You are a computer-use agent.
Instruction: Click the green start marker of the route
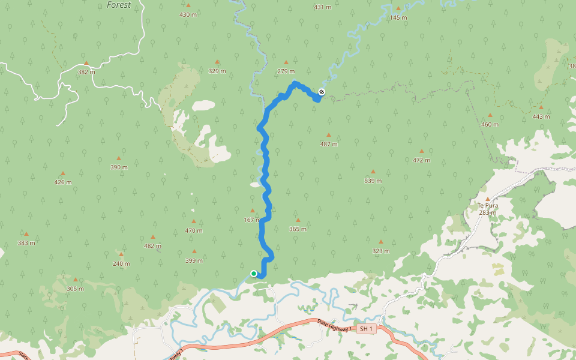point(254,274)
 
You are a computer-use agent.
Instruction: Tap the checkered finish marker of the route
point(322,92)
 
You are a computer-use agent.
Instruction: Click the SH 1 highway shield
point(367,329)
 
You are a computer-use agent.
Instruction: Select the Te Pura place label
point(487,205)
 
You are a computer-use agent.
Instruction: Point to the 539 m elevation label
point(373,181)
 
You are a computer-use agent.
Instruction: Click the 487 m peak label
point(328,144)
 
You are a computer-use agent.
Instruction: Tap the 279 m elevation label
point(286,71)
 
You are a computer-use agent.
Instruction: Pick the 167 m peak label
point(252,220)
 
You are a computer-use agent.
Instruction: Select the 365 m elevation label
point(298,229)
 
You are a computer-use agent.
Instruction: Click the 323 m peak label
point(380,251)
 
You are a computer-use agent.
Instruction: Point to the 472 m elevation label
point(421,160)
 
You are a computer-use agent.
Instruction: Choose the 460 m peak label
point(490,124)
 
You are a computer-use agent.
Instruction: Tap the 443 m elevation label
point(541,116)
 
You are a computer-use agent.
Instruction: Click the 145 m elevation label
point(398,17)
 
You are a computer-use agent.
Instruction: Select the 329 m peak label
point(217,71)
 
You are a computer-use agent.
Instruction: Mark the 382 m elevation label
point(86,72)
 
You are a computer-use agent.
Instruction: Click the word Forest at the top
point(118,5)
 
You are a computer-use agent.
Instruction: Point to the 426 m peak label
point(63,182)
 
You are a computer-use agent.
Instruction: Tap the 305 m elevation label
point(75,289)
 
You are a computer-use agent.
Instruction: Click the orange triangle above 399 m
point(194,251)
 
